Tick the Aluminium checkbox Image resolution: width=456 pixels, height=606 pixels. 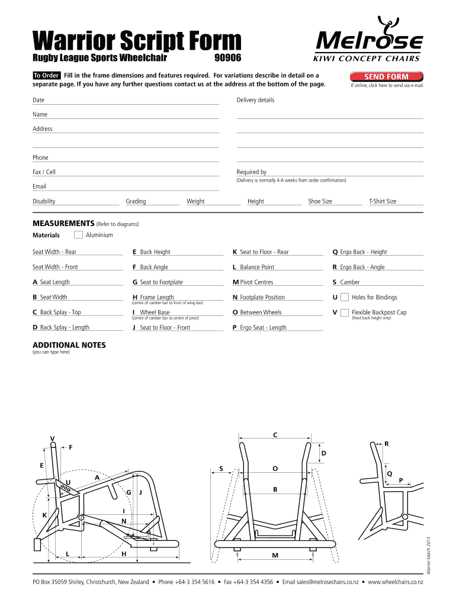[78, 235]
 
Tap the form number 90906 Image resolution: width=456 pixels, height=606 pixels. [227, 59]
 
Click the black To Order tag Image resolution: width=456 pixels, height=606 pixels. [46, 75]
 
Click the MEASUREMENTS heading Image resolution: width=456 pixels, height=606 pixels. [63, 224]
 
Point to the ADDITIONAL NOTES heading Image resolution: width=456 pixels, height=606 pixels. [69, 345]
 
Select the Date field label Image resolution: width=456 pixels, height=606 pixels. [38, 100]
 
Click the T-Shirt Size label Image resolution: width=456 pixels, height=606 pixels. [383, 201]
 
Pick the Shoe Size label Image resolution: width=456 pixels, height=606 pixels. [320, 201]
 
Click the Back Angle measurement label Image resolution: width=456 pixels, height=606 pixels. [153, 267]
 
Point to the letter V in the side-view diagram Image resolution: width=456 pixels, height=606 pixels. [52, 439]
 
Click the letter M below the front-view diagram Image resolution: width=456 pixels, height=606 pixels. [275, 556]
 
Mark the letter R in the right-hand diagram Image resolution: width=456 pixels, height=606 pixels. [387, 443]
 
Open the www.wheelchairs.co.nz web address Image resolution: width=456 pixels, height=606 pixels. [396, 582]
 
